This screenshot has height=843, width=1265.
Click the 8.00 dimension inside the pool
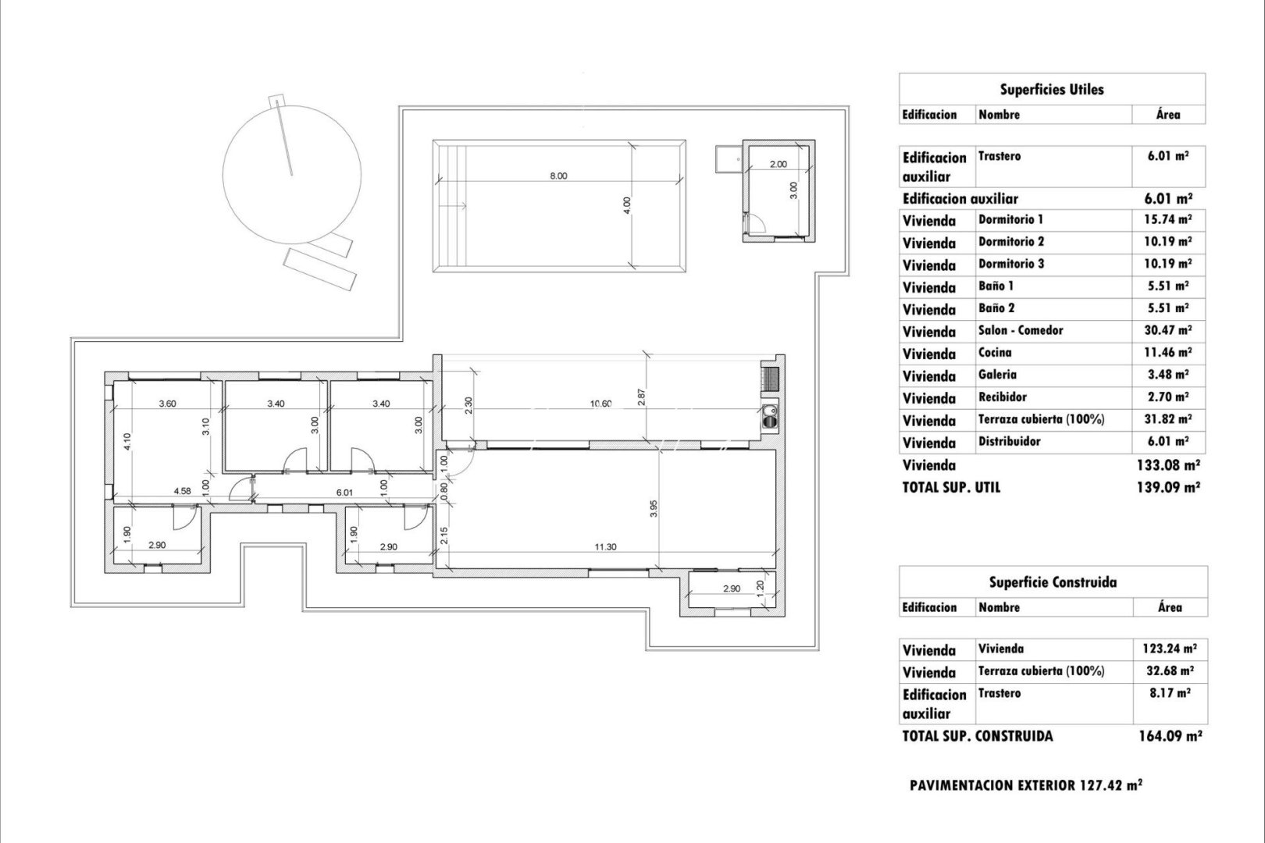[558, 176]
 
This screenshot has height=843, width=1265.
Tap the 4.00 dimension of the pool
[627, 205]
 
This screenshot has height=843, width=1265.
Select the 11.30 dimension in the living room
[605, 547]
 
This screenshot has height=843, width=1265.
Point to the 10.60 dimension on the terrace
[600, 404]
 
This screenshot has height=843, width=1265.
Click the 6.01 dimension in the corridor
[344, 493]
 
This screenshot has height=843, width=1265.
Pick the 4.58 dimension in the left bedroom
[182, 492]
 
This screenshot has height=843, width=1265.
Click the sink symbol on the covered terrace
[771, 416]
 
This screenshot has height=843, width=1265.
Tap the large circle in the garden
[292, 173]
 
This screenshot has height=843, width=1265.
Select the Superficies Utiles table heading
[1051, 90]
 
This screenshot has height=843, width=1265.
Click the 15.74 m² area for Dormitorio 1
[1167, 220]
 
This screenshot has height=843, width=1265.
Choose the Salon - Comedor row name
[1021, 330]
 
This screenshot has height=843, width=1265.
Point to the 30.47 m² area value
[1167, 331]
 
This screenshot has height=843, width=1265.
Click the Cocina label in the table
[995, 353]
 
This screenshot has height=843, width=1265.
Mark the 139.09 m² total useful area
[1168, 487]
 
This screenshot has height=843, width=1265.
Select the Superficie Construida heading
[1052, 582]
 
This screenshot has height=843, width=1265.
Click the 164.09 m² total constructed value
[1169, 736]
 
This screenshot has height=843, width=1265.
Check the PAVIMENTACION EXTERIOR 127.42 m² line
[1025, 786]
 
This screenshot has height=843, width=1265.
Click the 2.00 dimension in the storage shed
[779, 165]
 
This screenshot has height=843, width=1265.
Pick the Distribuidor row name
[1009, 442]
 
